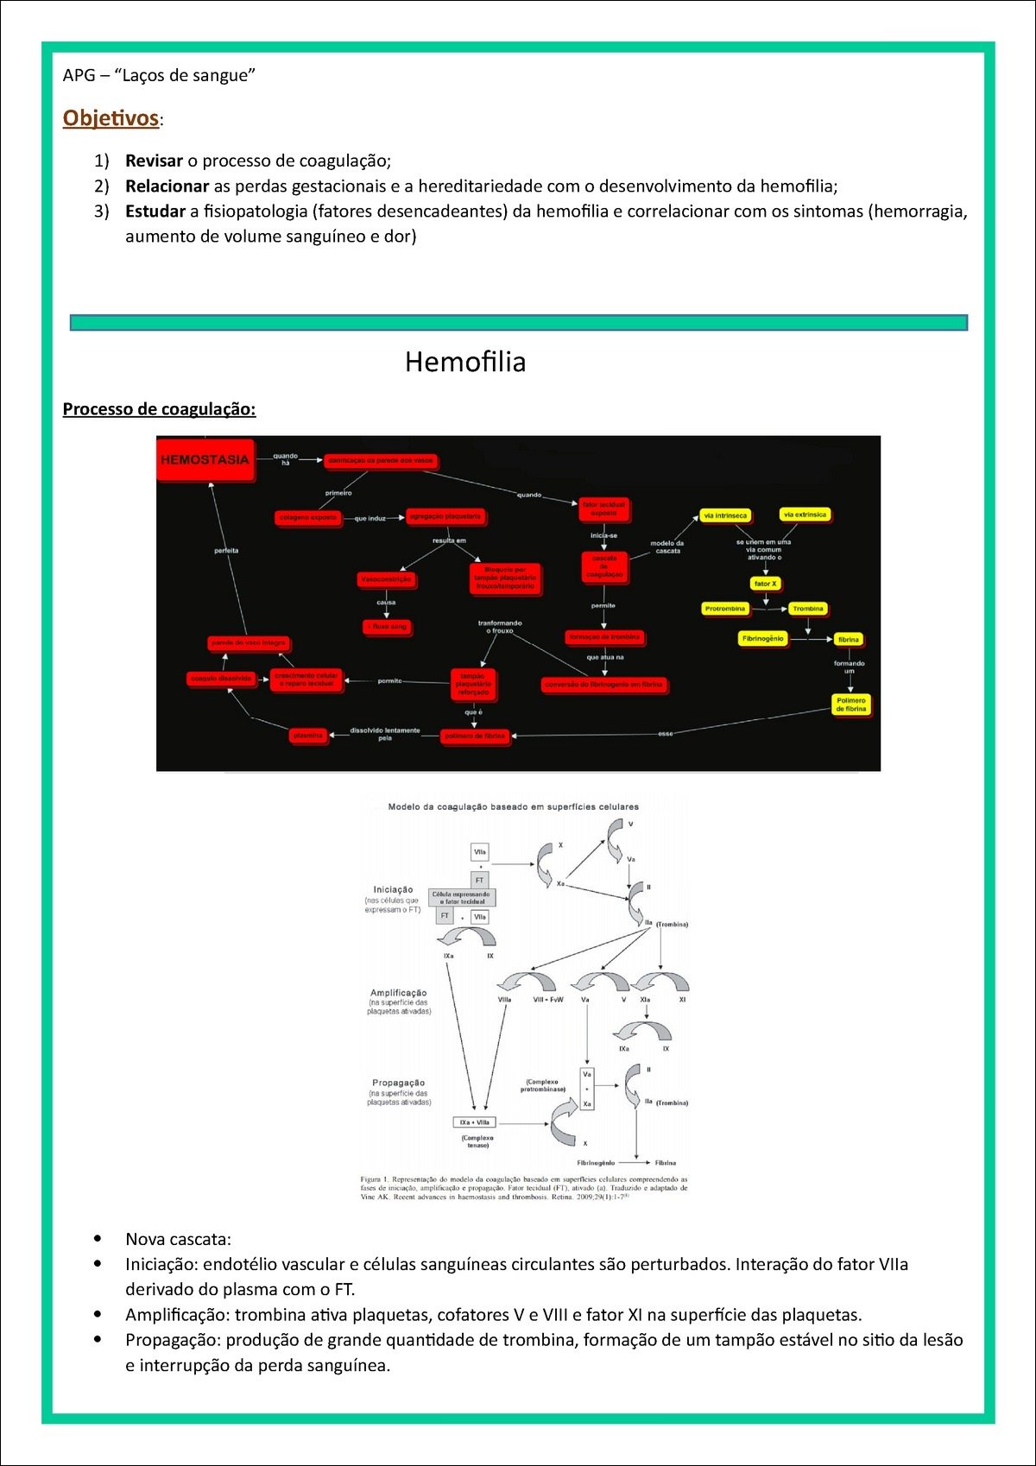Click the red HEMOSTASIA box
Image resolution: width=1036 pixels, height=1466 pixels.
[205, 460]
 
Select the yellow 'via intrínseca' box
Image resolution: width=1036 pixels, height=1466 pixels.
[725, 515]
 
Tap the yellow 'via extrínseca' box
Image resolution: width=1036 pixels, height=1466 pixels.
[805, 515]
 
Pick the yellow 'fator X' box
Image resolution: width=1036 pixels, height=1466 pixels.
[765, 584]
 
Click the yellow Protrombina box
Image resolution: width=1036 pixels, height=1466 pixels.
[725, 609]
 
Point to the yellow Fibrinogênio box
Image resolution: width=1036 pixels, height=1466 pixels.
[763, 639]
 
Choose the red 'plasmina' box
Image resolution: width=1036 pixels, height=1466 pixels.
[308, 736]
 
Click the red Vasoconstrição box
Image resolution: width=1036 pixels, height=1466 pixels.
[386, 579]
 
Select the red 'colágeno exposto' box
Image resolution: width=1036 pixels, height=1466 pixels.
[308, 517]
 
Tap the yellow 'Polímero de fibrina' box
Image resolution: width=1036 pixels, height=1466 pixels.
[850, 705]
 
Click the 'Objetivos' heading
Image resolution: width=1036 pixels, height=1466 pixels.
[111, 118]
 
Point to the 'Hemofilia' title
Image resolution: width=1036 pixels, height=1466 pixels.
[465, 362]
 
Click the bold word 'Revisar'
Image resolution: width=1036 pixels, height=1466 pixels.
[154, 161]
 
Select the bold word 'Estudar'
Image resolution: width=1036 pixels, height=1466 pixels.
[155, 212]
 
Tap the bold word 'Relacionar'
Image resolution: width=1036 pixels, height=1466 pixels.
[167, 186]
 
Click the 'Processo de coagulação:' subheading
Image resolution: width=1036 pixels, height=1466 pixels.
[159, 409]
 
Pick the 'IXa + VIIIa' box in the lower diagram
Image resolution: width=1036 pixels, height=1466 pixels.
[475, 1122]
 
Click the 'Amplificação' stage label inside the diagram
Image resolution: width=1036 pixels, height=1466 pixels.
[398, 993]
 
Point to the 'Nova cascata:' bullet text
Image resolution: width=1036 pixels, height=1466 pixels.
[178, 1239]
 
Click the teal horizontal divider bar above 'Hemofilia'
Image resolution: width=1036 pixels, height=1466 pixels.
[518, 323]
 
